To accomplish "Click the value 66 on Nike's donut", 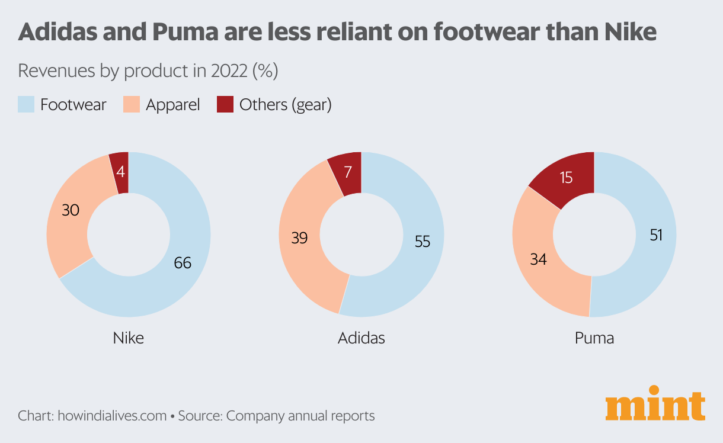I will [183, 262].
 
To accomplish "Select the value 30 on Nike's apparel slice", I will [70, 210].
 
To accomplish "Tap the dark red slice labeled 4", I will [120, 173].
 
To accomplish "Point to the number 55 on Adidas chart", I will [422, 242].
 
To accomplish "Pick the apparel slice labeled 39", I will [299, 237].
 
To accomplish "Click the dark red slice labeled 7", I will [347, 173].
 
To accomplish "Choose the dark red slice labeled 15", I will [566, 177].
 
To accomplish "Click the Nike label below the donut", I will [128, 338].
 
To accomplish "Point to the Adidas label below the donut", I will [361, 338].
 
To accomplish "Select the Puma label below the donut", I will [594, 338].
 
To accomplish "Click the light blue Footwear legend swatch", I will [26, 105].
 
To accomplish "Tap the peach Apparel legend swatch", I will [131, 105].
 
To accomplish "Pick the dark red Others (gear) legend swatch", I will [225, 105].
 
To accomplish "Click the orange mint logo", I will [655, 404].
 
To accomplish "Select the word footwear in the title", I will [493, 32].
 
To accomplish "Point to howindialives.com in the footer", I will [112, 416].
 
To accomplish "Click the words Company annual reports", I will [300, 416].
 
